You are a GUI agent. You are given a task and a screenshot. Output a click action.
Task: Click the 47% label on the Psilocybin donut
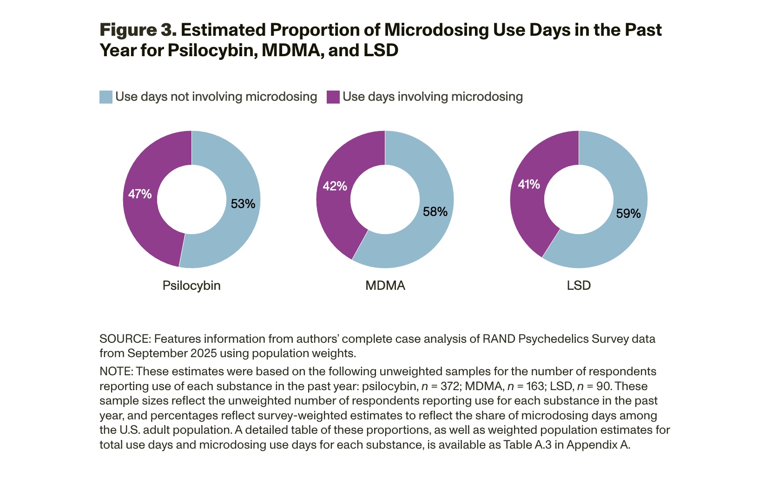[x=140, y=194]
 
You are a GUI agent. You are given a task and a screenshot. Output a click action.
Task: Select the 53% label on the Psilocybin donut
[x=243, y=204]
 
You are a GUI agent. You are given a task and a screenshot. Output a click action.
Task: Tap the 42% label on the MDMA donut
[x=335, y=186]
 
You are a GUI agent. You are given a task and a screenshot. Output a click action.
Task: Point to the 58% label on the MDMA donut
[x=435, y=212]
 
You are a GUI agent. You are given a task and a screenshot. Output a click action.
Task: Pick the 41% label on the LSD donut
[x=529, y=184]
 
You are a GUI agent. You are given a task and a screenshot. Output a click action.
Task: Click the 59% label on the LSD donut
[x=628, y=214]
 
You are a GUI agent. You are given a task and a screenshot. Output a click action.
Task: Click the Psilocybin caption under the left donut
[x=191, y=285]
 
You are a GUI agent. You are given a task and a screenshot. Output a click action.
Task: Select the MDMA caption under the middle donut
[x=385, y=285]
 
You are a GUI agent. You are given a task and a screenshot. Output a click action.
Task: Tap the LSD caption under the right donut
[x=579, y=285]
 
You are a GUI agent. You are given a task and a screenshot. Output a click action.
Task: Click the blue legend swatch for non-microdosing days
[x=106, y=97]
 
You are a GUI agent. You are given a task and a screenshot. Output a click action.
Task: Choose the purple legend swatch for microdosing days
[x=333, y=97]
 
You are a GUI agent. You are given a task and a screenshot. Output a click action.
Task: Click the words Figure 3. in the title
[x=138, y=30]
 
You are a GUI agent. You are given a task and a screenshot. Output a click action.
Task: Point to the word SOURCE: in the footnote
[x=125, y=339]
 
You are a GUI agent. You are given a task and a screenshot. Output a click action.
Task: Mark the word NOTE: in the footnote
[x=116, y=372]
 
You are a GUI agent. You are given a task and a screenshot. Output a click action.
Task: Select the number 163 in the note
[x=534, y=386]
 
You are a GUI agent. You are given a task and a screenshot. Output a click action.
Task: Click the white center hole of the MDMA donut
[x=385, y=199]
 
